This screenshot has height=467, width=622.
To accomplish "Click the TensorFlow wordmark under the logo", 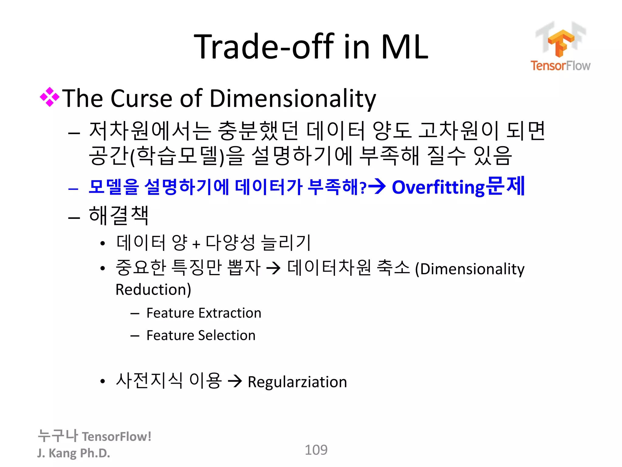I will pyautogui.click(x=560, y=66).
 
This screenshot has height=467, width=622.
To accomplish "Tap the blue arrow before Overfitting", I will pyautogui.click(x=377, y=186).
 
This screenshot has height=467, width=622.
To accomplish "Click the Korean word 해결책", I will pyautogui.click(x=119, y=215).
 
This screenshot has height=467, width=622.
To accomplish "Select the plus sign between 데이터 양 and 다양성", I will pyautogui.click(x=196, y=244).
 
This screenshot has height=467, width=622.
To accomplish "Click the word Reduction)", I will pyautogui.click(x=153, y=289).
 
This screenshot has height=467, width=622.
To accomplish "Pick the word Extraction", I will pyautogui.click(x=230, y=313).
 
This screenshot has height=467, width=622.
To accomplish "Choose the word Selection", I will pyautogui.click(x=227, y=335).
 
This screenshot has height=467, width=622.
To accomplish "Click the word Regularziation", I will pyautogui.click(x=297, y=382).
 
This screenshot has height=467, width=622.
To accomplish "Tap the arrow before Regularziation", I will pyautogui.click(x=235, y=381).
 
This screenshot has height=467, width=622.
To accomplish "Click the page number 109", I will pyautogui.click(x=316, y=450).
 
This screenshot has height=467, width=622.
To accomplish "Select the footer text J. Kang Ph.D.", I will pyautogui.click(x=73, y=453).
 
